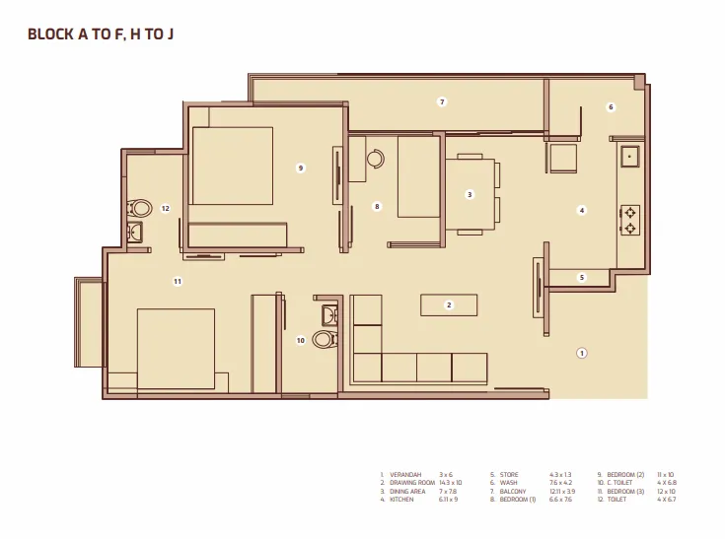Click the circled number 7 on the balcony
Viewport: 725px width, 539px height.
click(x=442, y=102)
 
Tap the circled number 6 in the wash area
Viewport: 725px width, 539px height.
click(x=611, y=107)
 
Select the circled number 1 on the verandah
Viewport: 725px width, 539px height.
click(x=582, y=353)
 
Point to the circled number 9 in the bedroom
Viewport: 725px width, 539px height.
click(x=301, y=168)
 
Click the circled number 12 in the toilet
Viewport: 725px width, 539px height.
click(x=166, y=208)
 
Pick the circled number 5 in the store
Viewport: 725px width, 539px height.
click(x=582, y=278)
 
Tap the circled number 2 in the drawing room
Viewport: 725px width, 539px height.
click(x=448, y=305)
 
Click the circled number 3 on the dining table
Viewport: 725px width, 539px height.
click(x=470, y=194)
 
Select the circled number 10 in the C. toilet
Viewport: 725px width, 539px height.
click(x=301, y=340)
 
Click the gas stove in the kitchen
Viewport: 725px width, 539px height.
click(x=629, y=220)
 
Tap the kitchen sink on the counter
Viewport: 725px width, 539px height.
click(x=629, y=155)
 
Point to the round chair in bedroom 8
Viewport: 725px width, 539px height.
click(x=376, y=158)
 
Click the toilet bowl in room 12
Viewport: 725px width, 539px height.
click(x=140, y=208)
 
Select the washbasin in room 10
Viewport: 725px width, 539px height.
click(x=329, y=315)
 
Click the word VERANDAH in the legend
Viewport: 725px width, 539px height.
click(x=405, y=475)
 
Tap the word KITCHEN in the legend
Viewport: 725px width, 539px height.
click(x=402, y=500)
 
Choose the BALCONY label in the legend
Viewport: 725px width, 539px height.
click(x=513, y=492)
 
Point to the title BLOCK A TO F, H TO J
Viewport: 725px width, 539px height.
click(x=102, y=34)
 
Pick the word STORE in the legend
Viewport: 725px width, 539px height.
click(x=509, y=475)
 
